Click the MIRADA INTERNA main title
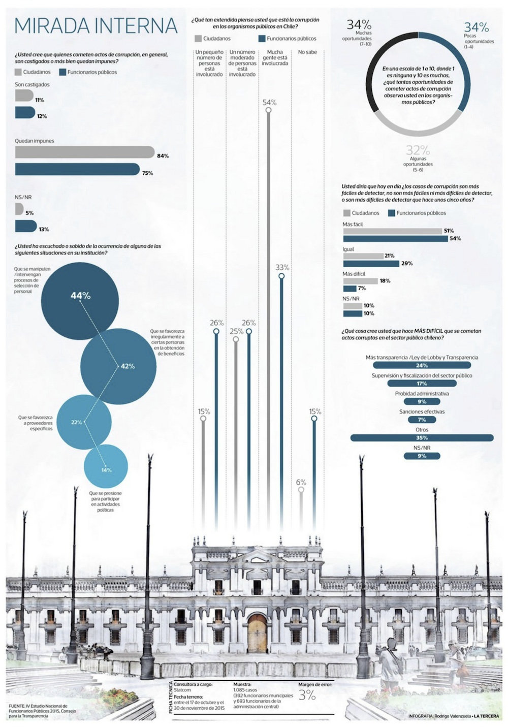96,26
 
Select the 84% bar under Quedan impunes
84,152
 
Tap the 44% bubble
80,301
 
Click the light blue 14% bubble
106,466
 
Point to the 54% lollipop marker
268,110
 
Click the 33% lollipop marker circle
281,276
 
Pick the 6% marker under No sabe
301,490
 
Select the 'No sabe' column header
307,52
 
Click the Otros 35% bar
422,438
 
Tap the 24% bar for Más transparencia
422,365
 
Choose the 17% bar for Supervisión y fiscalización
422,384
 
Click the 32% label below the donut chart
418,150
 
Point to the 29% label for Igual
406,264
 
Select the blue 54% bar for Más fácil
395,238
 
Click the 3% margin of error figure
307,696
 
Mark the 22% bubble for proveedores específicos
84,422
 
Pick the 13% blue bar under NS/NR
25,226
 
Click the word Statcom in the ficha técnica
182,690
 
